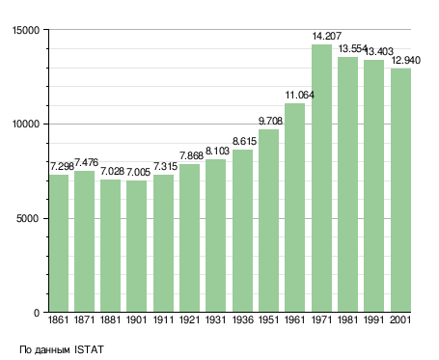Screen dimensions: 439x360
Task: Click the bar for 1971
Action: [321, 179]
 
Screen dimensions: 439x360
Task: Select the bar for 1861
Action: [59, 243]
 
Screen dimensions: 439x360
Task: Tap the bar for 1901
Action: [136, 246]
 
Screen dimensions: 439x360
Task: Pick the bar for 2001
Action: [400, 190]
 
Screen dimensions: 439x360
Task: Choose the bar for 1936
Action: [242, 231]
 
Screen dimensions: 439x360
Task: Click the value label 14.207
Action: [327, 36]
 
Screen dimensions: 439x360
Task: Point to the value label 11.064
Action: [300, 95]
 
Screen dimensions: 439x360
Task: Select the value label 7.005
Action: [138, 172]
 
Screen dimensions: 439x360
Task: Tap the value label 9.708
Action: [270, 121]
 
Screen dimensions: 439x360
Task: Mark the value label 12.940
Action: [406, 60]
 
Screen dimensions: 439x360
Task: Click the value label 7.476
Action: [86, 162]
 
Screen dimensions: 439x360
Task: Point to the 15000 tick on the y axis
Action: [26, 30]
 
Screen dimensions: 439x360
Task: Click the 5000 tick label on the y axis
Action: [28, 218]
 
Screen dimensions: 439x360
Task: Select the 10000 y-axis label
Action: [26, 125]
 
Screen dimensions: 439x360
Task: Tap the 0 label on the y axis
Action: [37, 313]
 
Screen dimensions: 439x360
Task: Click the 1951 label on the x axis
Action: [268, 319]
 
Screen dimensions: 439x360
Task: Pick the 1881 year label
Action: [110, 319]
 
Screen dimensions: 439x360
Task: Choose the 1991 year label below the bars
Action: [374, 319]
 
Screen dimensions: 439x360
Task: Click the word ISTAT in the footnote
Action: [89, 349]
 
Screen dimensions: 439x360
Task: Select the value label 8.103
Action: [217, 151]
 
